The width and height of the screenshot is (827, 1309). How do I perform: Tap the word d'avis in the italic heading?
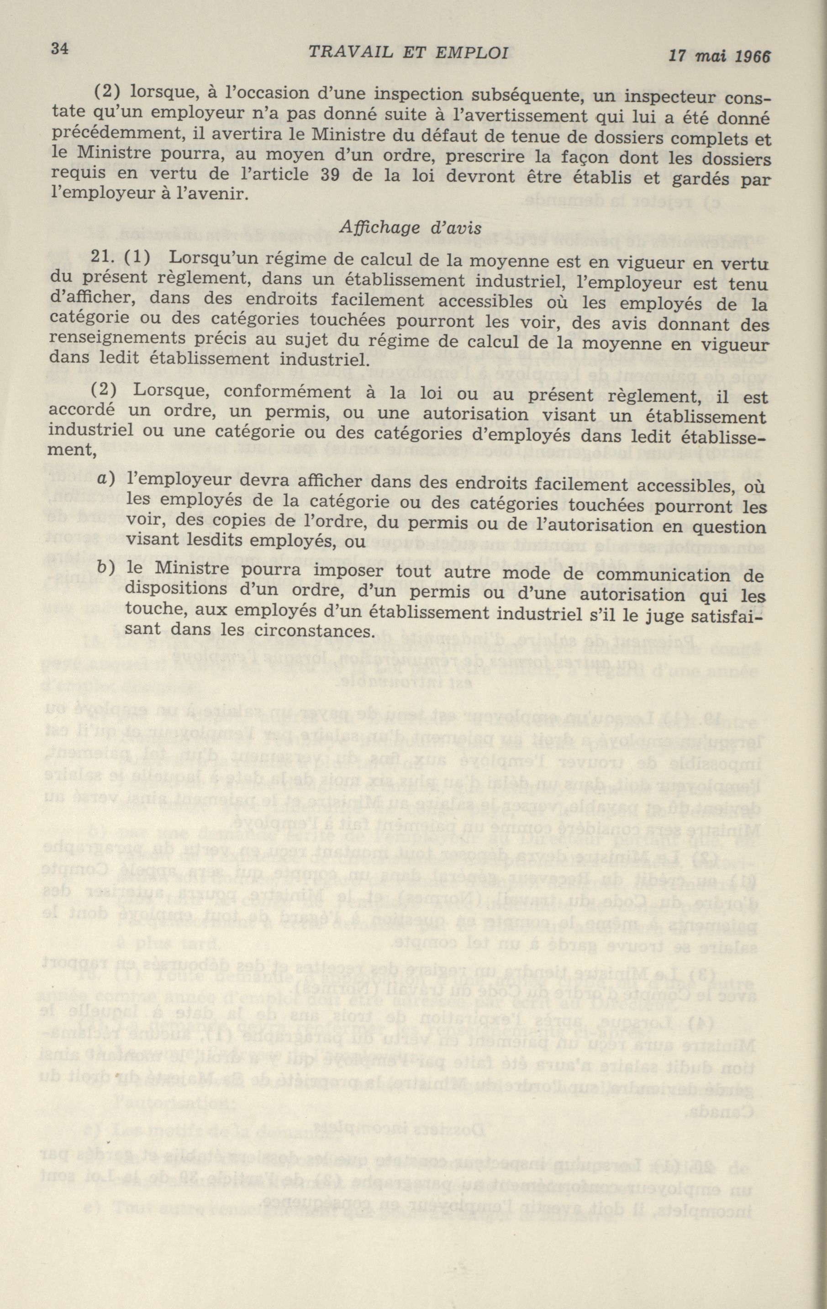click(453, 228)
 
